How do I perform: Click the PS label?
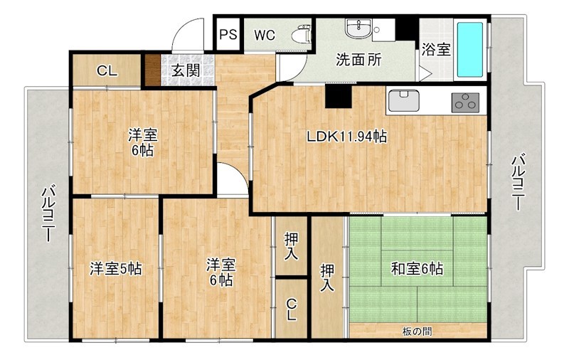(228, 35)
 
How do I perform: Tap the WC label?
(265, 35)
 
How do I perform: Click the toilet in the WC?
(302, 33)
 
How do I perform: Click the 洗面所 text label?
(358, 60)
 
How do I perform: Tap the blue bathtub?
(469, 50)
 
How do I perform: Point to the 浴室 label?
(436, 50)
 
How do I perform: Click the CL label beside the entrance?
(107, 70)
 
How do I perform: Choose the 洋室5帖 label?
(115, 269)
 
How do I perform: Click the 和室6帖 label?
(418, 269)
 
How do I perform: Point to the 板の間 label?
(417, 330)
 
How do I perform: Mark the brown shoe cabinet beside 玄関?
(151, 70)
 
